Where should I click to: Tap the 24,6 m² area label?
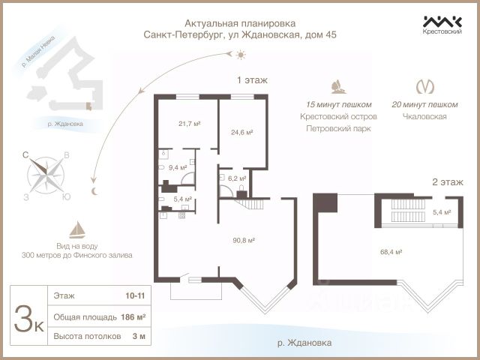coord(241,132)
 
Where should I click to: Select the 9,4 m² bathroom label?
coord(177,168)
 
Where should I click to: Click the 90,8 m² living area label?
coord(244,240)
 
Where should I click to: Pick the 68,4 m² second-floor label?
coord(392,252)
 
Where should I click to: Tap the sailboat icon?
coord(76,229)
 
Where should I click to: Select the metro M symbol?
coord(424,86)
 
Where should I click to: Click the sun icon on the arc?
coord(240,55)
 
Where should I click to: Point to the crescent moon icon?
coord(94,191)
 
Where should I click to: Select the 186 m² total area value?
coord(132,317)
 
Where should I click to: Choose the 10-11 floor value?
coord(135,297)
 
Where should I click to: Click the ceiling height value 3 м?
coord(137,337)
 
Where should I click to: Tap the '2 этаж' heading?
coord(447,182)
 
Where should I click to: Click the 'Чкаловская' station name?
coord(424,117)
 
